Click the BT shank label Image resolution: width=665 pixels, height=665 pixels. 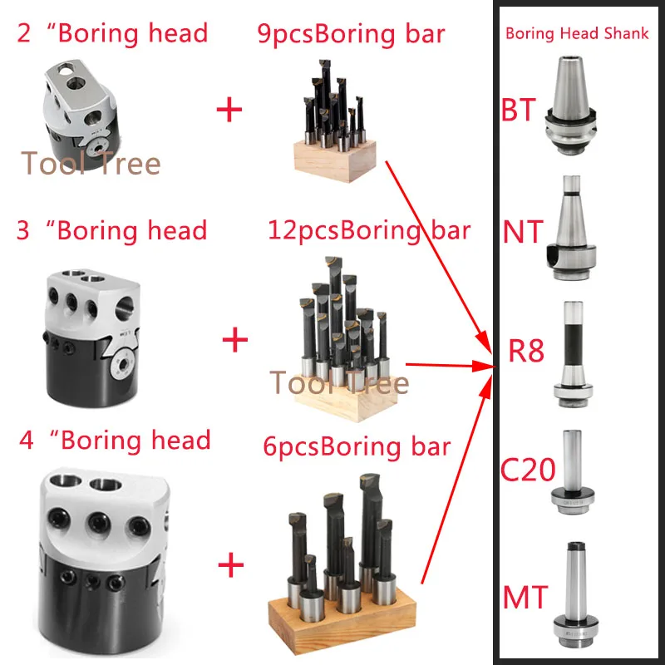(x=518, y=109)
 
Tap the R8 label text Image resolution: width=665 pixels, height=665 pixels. (x=526, y=351)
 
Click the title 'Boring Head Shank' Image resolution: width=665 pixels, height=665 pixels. (x=576, y=35)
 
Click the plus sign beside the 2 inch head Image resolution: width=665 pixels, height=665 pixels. (x=228, y=110)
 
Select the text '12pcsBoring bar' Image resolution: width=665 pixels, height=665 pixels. (x=368, y=229)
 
